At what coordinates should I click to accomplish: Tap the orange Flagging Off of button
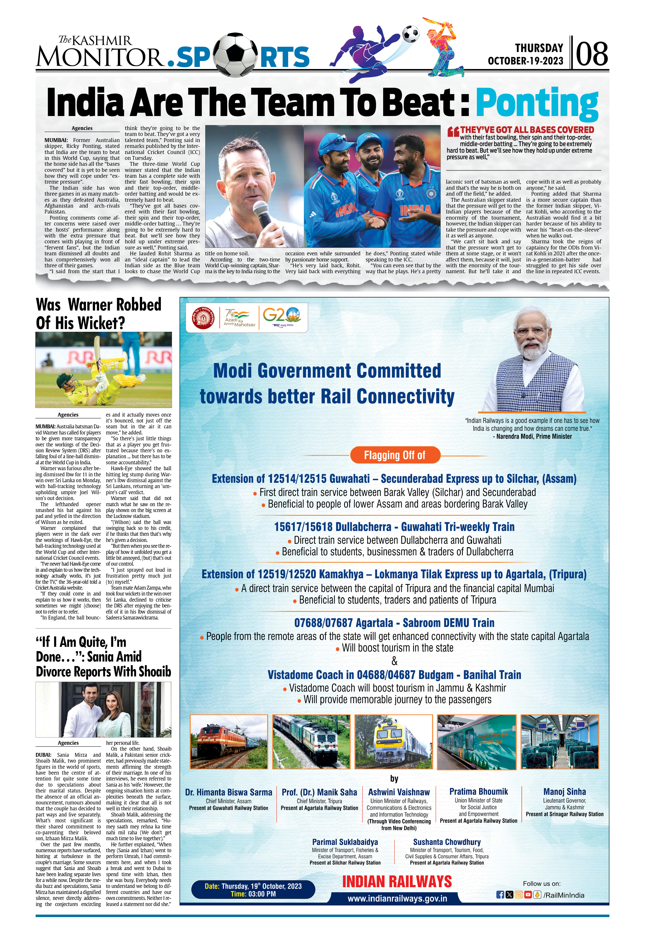pos(395,455)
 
